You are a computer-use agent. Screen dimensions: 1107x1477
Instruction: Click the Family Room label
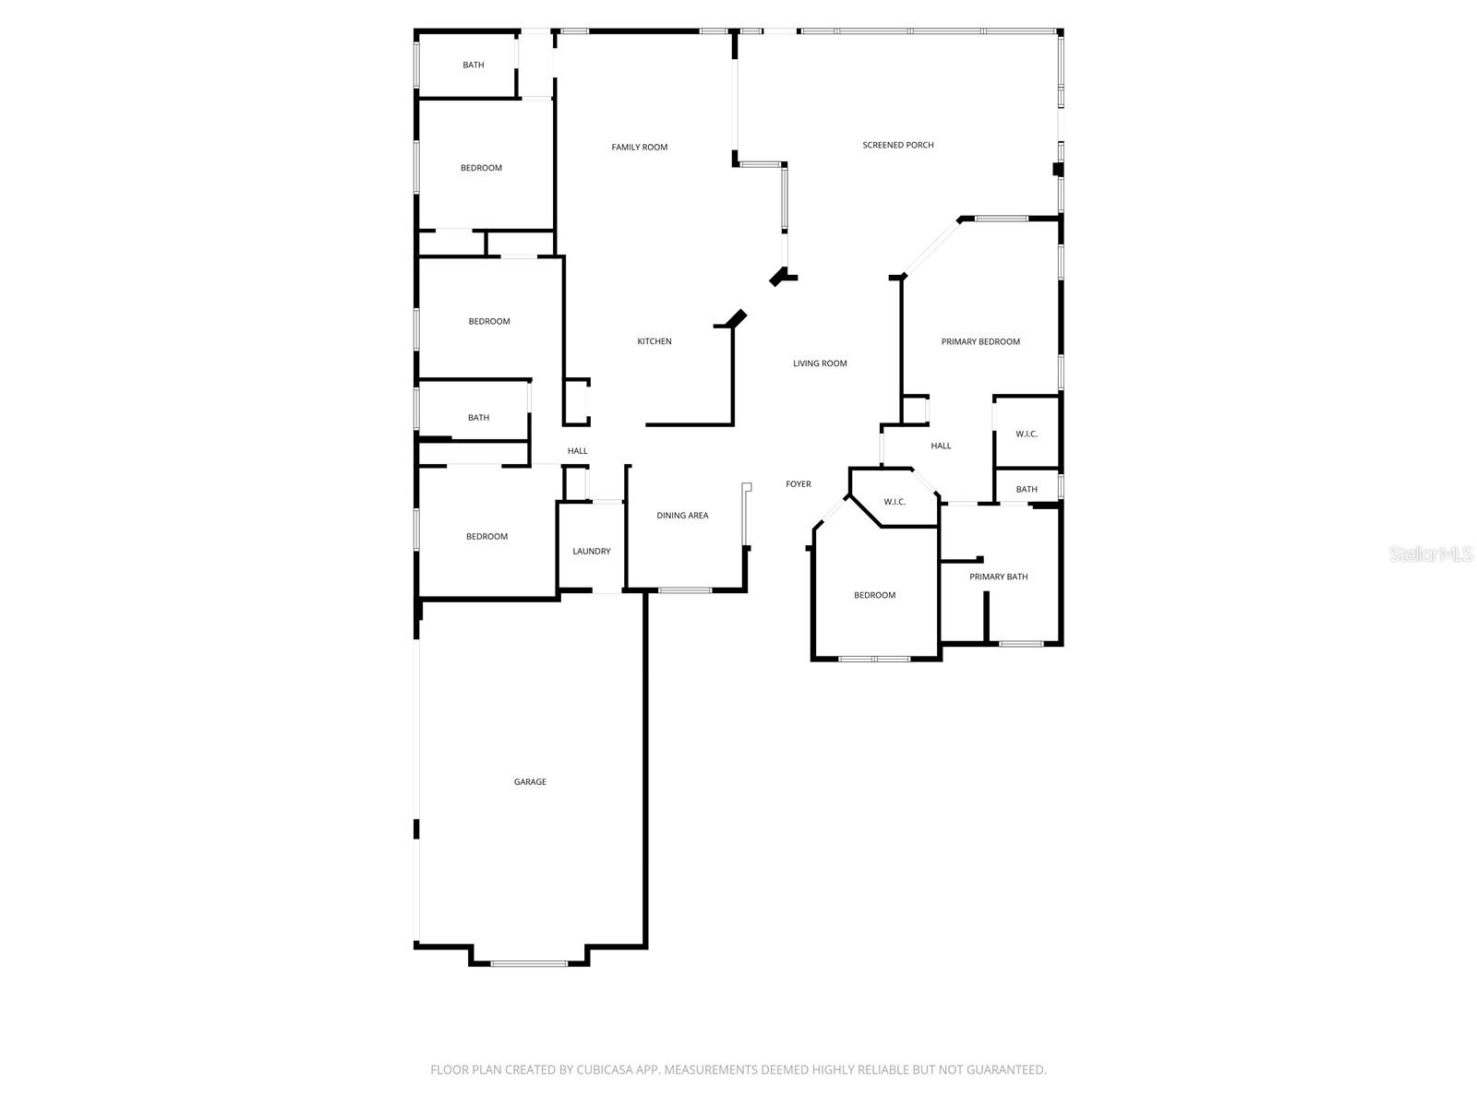(x=639, y=148)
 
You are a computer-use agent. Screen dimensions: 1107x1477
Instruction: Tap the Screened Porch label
(x=897, y=145)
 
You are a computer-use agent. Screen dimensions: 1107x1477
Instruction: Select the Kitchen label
(x=654, y=341)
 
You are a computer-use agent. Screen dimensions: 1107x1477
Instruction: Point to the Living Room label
(x=820, y=363)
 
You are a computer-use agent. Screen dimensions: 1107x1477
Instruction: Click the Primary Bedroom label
(x=980, y=341)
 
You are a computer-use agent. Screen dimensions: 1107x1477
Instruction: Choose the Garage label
(x=530, y=782)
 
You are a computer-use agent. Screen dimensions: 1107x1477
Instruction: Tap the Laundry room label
(x=591, y=552)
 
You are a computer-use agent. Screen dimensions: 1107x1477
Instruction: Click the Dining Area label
(x=682, y=516)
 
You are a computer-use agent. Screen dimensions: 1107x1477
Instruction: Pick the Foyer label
(x=799, y=484)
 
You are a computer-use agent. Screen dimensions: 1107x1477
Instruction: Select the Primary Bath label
(x=998, y=577)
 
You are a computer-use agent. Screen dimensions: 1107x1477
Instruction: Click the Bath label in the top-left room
(x=474, y=65)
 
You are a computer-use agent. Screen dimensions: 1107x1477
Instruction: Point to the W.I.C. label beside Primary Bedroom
(x=1027, y=434)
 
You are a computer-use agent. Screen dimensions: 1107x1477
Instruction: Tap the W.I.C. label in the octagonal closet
(x=895, y=502)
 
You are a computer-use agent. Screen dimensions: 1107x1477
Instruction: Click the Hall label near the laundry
(x=578, y=451)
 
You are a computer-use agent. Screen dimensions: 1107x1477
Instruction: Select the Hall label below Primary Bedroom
(x=941, y=446)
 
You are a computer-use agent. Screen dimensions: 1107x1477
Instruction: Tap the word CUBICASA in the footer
(x=606, y=1070)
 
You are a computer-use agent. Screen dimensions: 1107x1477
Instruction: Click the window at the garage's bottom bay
(x=529, y=964)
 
